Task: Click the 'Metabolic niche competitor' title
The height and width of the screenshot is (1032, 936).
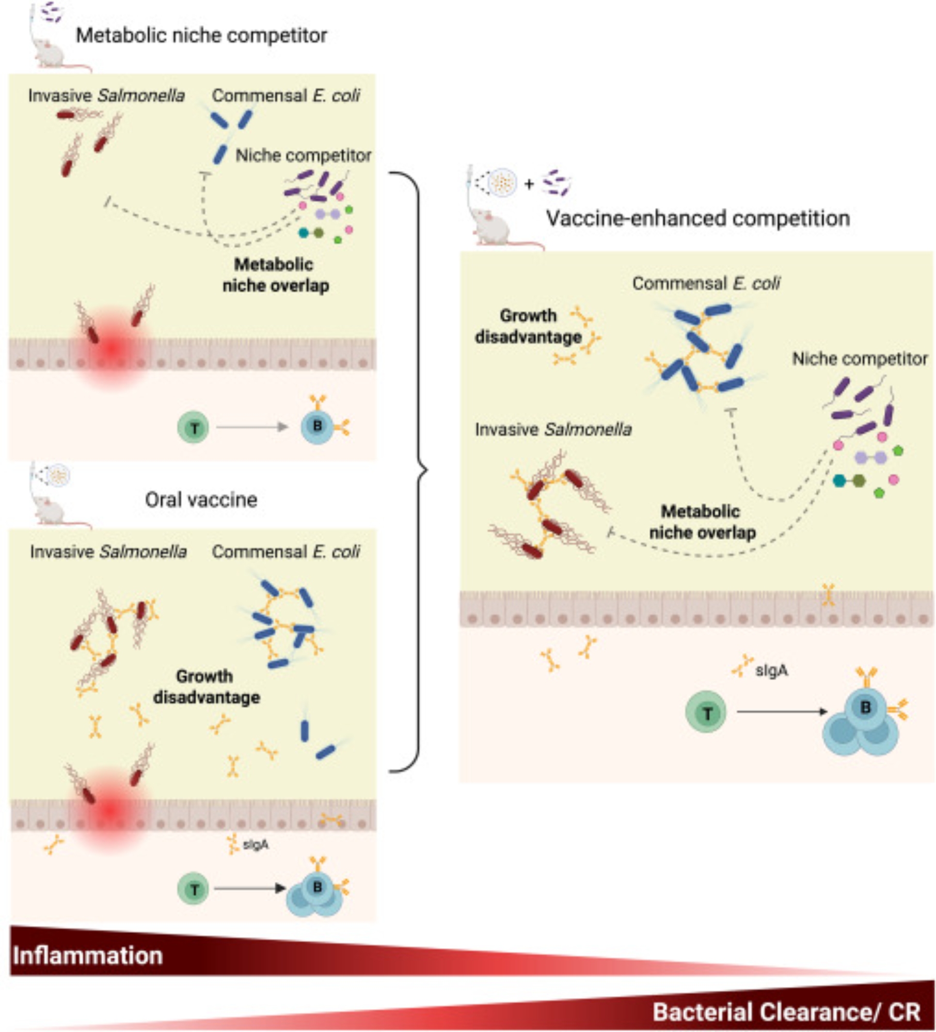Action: coord(201,36)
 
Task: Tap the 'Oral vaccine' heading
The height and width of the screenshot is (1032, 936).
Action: coord(201,499)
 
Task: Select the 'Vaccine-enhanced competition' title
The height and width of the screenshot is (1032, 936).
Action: coord(697,218)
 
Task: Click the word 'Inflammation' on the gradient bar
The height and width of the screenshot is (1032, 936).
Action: coord(88,956)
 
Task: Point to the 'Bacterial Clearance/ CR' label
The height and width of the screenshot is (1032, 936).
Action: coord(786,1011)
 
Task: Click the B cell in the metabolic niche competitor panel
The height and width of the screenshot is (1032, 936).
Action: coord(317,427)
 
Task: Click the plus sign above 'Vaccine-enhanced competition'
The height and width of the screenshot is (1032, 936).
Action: coord(529,184)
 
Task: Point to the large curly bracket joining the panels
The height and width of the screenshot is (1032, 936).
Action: coord(416,471)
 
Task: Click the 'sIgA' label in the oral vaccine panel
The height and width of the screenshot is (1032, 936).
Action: coord(256,845)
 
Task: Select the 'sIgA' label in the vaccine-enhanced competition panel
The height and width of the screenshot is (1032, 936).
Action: coord(771,670)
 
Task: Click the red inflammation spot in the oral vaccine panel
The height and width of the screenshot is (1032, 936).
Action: coord(110,811)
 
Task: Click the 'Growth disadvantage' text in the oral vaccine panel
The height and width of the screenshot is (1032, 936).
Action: coord(206,686)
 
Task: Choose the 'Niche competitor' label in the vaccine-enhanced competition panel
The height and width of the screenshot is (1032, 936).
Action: coord(860,359)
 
